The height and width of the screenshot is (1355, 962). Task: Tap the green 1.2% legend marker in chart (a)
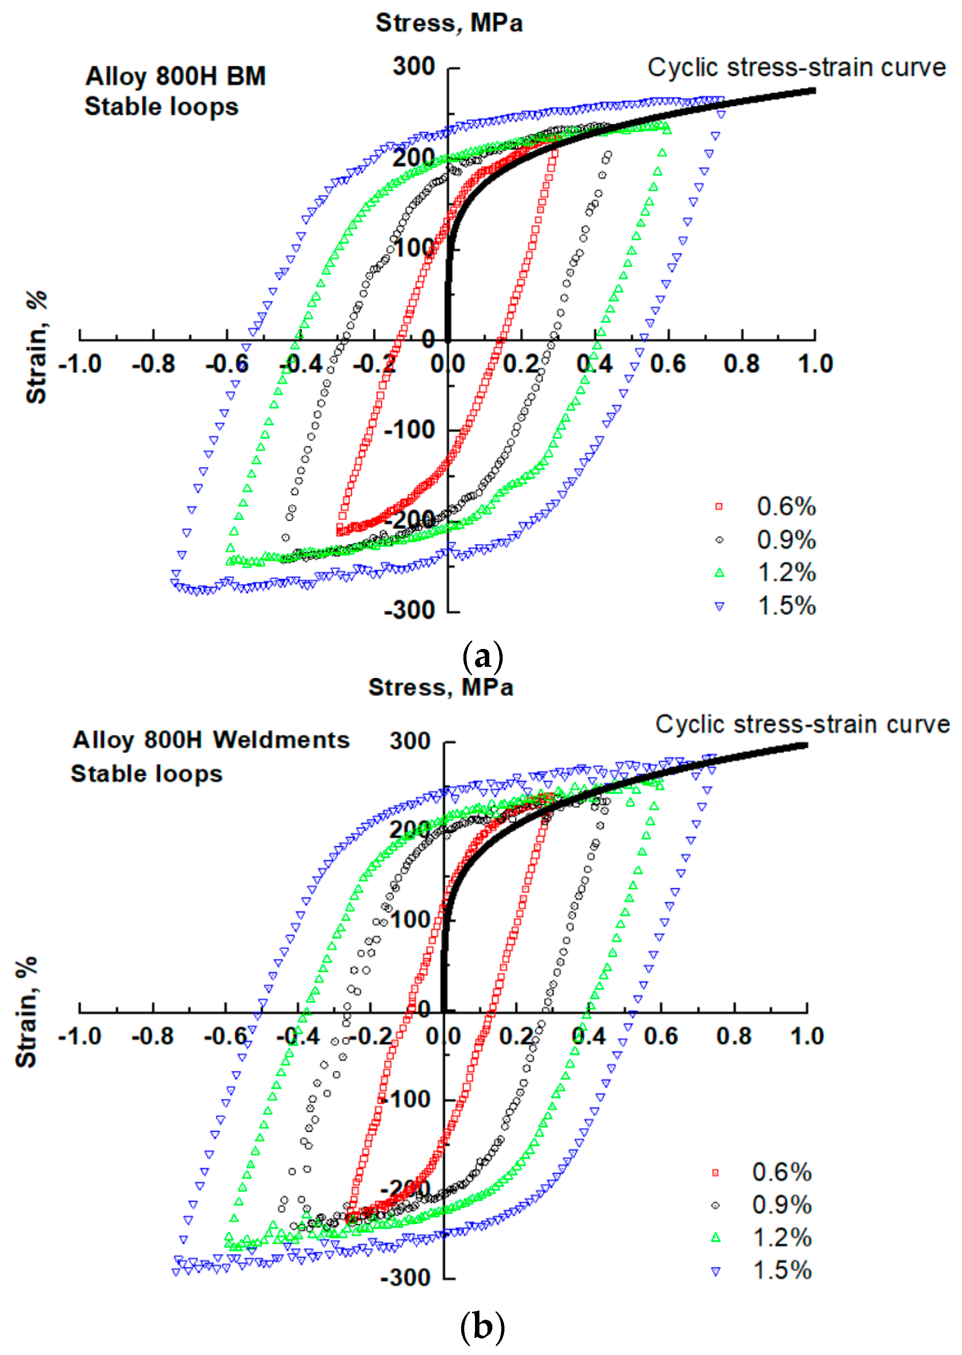[x=719, y=573]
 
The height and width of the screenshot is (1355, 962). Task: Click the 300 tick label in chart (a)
[x=413, y=67]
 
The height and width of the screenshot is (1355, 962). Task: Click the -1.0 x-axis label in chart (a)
[x=80, y=364]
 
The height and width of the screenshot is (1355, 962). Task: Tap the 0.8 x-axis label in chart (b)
[x=734, y=1036]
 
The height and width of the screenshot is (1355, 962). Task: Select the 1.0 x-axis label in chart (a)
[x=815, y=364]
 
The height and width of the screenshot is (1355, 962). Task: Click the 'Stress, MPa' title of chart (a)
[x=449, y=23]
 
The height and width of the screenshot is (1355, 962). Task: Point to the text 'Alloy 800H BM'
[x=175, y=76]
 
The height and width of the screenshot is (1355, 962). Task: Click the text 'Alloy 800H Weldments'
[x=211, y=740]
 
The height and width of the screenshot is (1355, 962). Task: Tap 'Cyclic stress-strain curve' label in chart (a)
[x=796, y=67]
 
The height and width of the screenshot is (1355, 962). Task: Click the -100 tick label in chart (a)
[x=409, y=429]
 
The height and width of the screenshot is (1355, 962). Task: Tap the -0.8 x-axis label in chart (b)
[x=152, y=1036]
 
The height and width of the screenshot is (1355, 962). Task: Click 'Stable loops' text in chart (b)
[x=146, y=774]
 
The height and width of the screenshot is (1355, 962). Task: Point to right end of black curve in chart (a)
[x=814, y=91]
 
